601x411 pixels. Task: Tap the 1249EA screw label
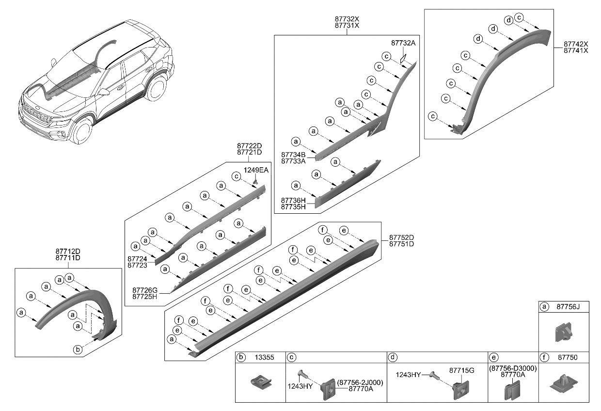pos(256,170)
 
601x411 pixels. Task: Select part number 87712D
pos(67,251)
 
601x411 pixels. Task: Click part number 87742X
pos(575,44)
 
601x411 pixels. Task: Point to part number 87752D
pos(401,237)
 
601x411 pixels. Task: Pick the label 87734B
pos(293,155)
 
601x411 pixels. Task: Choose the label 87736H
pos(293,200)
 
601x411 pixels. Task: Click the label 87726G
pos(145,290)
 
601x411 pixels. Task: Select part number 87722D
pos(249,146)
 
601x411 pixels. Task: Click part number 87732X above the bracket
pos(347,19)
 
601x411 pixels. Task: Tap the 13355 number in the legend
pos(265,358)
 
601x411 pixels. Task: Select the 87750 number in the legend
pos(564,358)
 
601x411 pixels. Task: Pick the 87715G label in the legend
pos(461,370)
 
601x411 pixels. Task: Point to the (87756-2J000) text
pos(359,382)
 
